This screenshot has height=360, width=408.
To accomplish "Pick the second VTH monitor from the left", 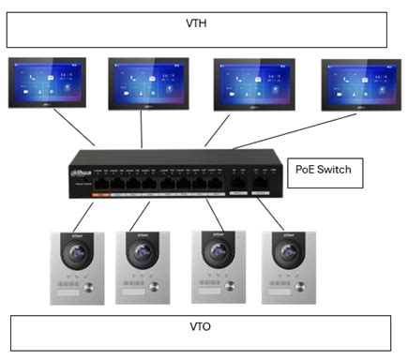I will coord(148,82).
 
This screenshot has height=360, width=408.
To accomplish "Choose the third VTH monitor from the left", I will coord(254,82).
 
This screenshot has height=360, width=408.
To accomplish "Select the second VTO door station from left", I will coord(143,265).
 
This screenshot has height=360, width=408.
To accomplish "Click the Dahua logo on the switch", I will coord(84,172).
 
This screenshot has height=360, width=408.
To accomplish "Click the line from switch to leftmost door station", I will coord(83,215).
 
